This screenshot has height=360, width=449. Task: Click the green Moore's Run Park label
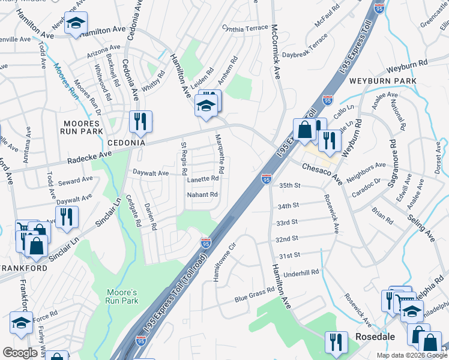pyautogui.click(x=122, y=296)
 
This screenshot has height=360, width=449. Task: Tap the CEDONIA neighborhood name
pyautogui.click(x=127, y=143)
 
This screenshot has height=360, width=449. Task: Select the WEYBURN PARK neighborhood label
pyautogui.click(x=391, y=80)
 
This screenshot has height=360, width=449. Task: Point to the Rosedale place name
pyautogui.click(x=375, y=337)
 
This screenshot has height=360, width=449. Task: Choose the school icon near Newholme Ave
pyautogui.click(x=76, y=23)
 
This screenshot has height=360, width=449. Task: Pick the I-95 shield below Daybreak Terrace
pyautogui.click(x=328, y=100)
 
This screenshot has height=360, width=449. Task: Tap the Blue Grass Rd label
pyautogui.click(x=254, y=292)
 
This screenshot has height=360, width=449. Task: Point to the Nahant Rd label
pyautogui.click(x=201, y=194)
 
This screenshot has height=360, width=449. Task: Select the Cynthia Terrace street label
pyautogui.click(x=244, y=28)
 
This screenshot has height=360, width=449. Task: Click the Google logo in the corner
pyautogui.click(x=20, y=353)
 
